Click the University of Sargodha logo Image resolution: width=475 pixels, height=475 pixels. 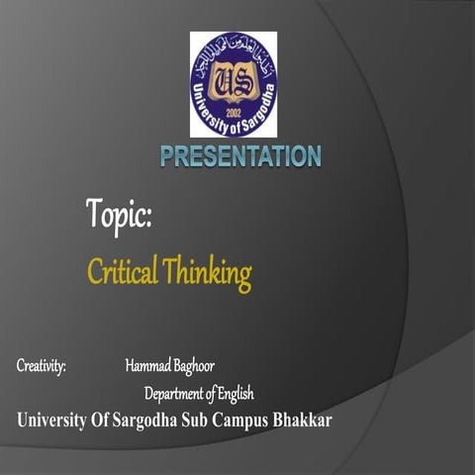234,84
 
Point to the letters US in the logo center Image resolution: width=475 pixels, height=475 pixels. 234,80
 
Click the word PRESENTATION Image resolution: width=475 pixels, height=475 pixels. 240,155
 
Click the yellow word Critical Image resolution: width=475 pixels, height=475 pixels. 124,271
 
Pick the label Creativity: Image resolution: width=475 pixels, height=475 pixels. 41,366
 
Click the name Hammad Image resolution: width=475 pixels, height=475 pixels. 147,366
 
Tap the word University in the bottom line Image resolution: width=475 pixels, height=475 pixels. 58,421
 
